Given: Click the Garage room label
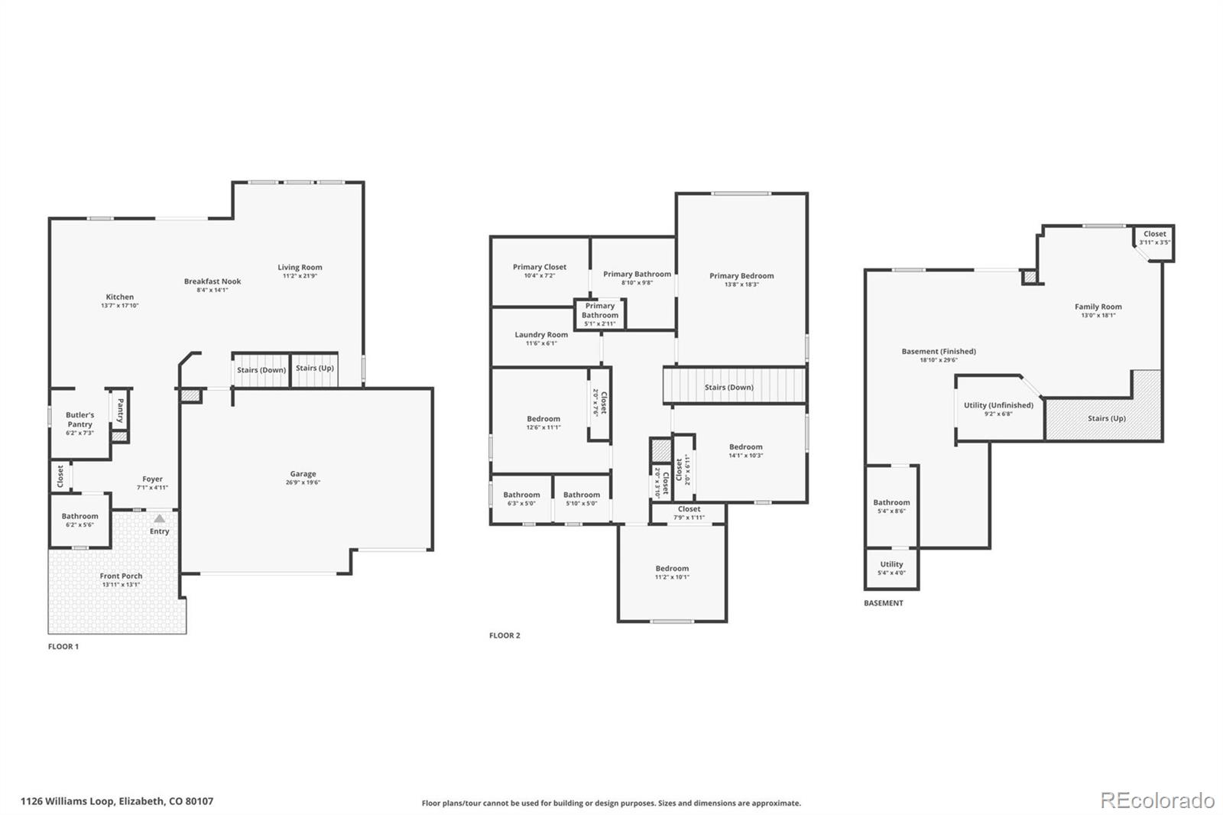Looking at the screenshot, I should [x=303, y=474].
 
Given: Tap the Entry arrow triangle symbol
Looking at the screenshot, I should [x=159, y=518].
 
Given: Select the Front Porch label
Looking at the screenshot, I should [x=121, y=576].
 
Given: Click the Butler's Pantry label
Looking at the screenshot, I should [x=79, y=419].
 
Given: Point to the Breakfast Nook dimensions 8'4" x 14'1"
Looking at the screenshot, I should [x=212, y=291].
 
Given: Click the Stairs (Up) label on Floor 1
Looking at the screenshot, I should [x=314, y=369].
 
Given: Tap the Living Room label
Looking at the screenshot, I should [x=300, y=268].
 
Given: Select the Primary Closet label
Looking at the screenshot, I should [x=540, y=267].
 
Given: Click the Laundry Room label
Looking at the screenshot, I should [x=541, y=335].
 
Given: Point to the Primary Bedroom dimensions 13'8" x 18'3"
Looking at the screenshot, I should [x=741, y=284].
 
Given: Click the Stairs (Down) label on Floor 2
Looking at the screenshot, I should [x=728, y=388].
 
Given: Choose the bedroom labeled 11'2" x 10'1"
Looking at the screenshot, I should [x=672, y=572].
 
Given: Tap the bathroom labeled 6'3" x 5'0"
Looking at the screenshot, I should [x=521, y=498].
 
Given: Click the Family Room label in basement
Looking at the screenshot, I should [x=1098, y=307].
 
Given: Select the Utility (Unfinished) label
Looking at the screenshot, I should [x=998, y=405].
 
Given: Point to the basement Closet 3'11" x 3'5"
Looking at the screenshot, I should [x=1154, y=238].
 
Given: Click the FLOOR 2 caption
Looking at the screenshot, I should [x=504, y=635].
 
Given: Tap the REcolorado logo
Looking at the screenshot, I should [x=1157, y=800].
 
